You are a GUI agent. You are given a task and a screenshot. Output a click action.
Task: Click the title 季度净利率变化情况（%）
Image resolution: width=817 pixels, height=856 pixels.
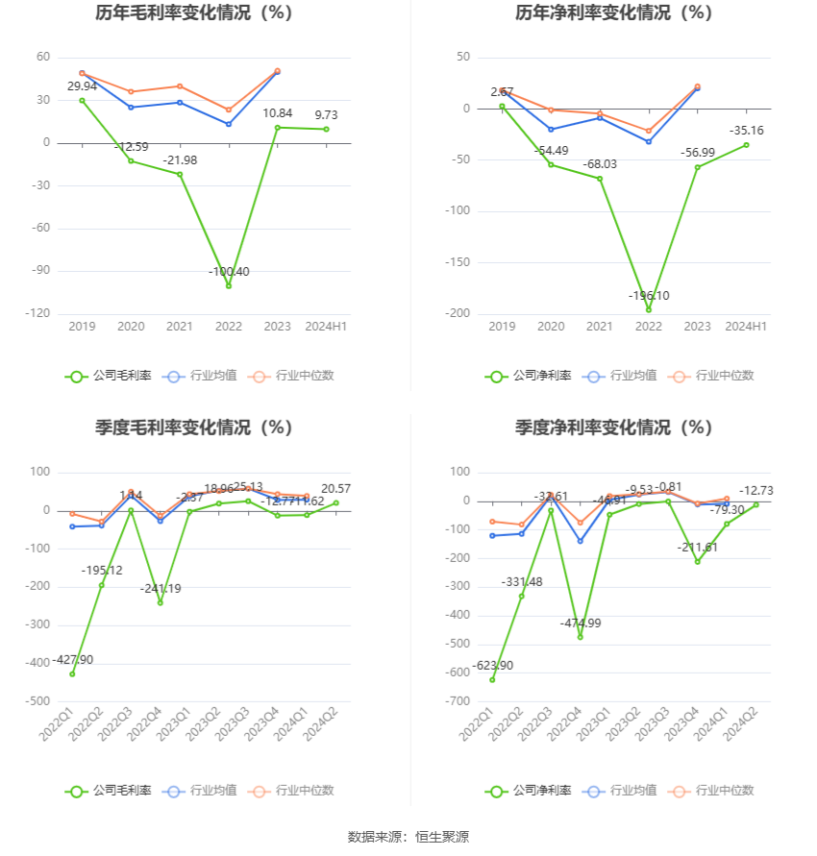(x=613, y=428)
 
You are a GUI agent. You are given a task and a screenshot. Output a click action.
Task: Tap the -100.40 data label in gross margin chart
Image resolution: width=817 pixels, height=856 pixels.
(x=229, y=272)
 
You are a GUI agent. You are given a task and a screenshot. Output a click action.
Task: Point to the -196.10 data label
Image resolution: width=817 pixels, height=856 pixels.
(x=649, y=296)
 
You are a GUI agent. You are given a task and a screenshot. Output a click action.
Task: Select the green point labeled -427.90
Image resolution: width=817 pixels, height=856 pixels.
(x=72, y=673)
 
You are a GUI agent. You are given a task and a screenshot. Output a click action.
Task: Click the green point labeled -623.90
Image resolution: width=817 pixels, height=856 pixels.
(x=492, y=679)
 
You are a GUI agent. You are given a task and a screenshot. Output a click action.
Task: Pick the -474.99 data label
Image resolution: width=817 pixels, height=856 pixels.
(x=580, y=624)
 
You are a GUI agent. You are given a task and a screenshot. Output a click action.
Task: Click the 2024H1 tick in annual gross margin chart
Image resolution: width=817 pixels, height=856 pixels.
(x=326, y=327)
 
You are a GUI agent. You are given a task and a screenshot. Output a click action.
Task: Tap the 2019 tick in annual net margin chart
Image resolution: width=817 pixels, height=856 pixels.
(x=502, y=327)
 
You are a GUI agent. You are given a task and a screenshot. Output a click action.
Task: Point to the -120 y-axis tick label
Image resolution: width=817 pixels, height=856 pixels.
(x=37, y=314)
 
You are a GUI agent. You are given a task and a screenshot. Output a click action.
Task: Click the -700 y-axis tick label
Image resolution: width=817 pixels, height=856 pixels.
(x=457, y=702)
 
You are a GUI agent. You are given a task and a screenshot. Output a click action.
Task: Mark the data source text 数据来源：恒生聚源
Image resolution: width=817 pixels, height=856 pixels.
(x=408, y=837)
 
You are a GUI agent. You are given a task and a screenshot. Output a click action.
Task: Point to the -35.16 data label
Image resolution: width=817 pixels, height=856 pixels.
(x=746, y=130)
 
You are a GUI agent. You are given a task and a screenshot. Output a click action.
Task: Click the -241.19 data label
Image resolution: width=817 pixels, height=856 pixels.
(x=161, y=588)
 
